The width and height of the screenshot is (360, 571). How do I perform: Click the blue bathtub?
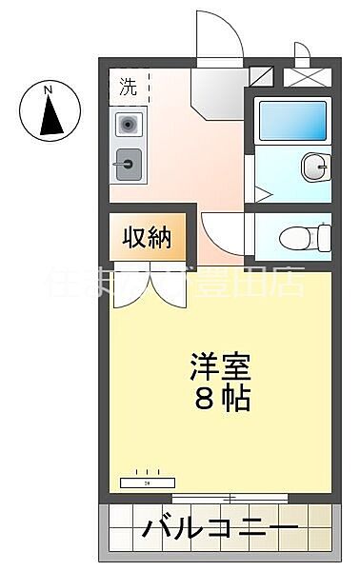point(291,122)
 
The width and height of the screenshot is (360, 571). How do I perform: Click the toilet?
point(310,234)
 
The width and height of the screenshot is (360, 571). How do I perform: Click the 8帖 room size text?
point(224,399)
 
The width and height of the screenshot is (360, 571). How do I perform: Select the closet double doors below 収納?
point(147,291)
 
